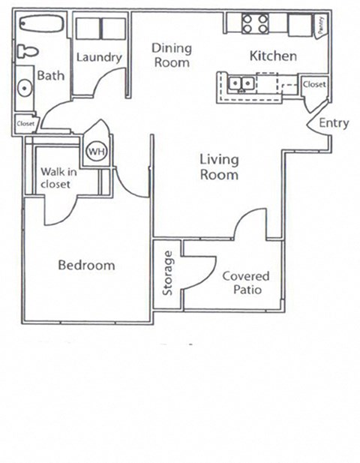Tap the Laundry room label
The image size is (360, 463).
coord(99,57)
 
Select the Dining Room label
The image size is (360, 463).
coord(172,56)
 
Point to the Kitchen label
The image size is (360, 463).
coord(273,56)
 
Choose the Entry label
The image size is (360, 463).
coord(334,123)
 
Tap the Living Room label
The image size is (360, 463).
coord(219,167)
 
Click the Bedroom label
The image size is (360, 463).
coord(86,265)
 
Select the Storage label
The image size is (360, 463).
coord(168,272)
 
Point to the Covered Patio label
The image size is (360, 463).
coord(245,282)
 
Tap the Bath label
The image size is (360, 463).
coord(51,75)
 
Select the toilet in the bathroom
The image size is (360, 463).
coord(26,52)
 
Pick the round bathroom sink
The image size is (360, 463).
coord(25,88)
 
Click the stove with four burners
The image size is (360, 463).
coord(255,24)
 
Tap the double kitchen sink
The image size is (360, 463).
coord(241,82)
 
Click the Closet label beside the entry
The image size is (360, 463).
coord(314,85)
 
